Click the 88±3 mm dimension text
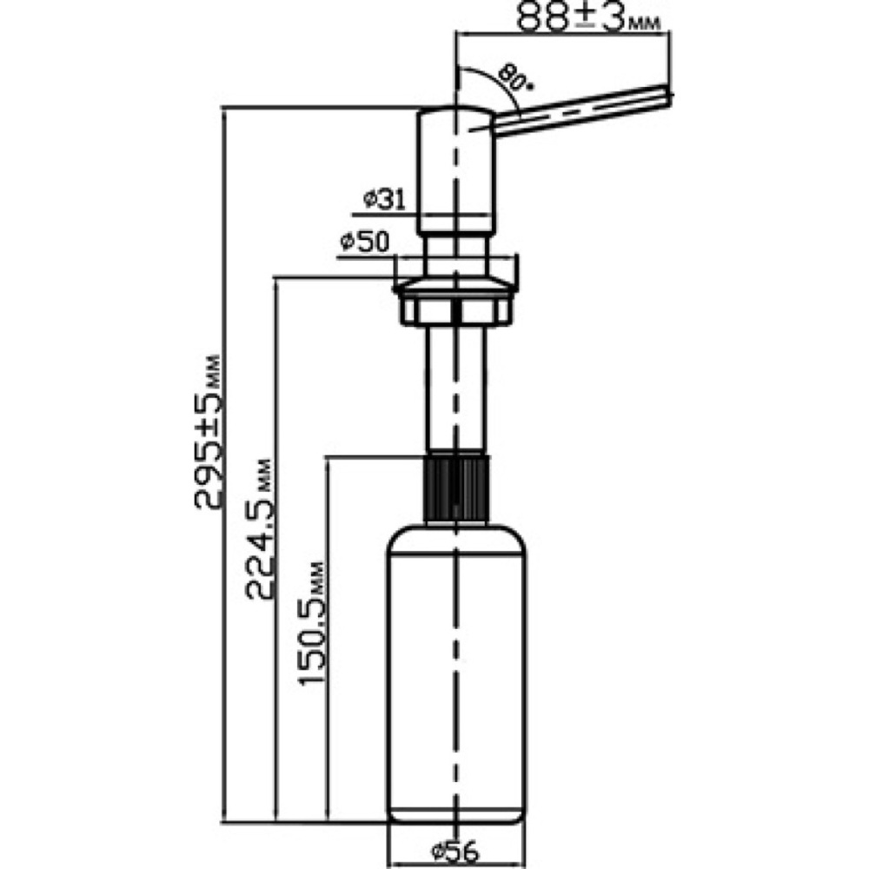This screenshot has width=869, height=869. [588, 17]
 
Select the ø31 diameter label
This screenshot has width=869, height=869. [385, 200]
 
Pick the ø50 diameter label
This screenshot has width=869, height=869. [364, 242]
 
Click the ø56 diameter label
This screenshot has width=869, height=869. [455, 850]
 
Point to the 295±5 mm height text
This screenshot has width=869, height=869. [208, 431]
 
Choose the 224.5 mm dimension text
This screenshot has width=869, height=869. [259, 529]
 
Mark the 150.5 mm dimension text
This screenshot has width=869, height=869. [311, 623]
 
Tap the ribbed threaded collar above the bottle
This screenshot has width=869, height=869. [455, 488]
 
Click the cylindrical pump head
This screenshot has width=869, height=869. [455, 169]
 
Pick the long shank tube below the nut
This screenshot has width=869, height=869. [455, 388]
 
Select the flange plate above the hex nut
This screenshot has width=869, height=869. [455, 286]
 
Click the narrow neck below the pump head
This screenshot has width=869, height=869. [455, 255]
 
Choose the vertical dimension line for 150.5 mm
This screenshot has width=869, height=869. [329, 639]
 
